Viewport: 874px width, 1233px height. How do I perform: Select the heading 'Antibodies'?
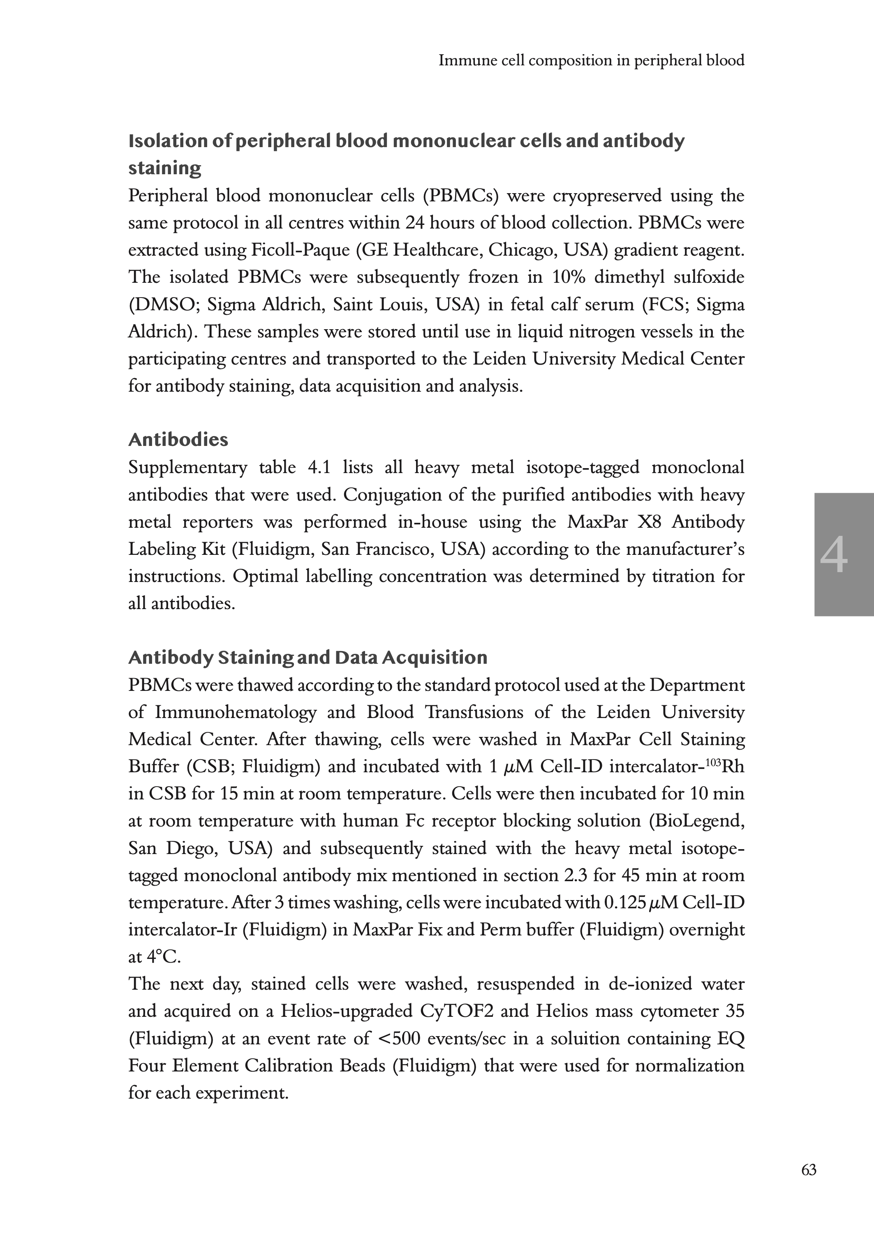click(178, 439)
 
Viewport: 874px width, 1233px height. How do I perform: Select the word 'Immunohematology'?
click(236, 712)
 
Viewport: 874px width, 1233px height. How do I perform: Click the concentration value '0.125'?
click(625, 902)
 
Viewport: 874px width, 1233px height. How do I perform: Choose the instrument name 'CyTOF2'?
click(456, 1011)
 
